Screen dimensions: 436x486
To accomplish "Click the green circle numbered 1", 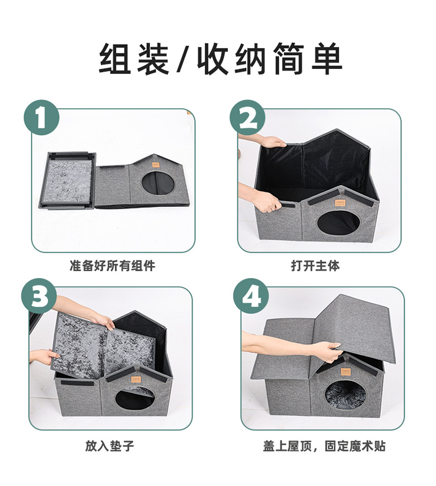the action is point(41,118).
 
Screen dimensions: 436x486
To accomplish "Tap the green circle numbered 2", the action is point(247,118).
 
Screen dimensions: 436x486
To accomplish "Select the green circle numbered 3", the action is point(39,296).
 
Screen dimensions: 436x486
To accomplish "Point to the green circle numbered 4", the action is point(251,296).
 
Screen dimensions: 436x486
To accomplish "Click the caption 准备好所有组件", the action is point(113,266).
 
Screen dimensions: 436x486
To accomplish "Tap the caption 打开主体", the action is point(315,266).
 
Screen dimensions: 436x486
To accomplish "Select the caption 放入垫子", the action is point(110,446).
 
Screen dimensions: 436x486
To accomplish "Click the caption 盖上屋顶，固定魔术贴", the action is point(324,446).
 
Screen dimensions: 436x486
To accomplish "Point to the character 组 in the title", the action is point(114,59).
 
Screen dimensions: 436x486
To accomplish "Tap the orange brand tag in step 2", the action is point(339,202).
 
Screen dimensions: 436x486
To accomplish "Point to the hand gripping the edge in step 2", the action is point(269,202).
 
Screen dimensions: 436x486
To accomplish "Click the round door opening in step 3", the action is point(135,399).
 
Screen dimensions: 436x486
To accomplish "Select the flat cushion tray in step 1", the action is point(67,180).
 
